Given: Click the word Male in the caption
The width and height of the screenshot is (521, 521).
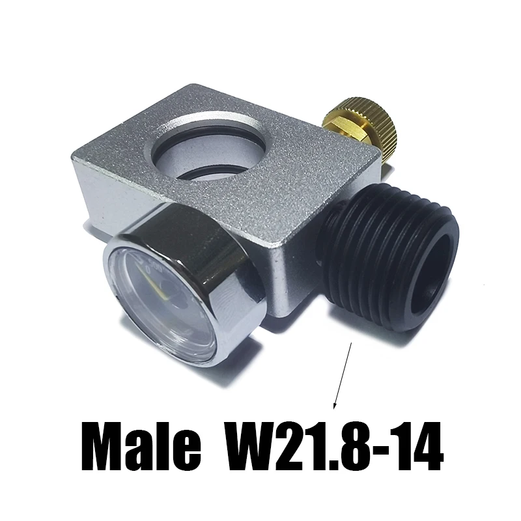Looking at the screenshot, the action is [141, 446].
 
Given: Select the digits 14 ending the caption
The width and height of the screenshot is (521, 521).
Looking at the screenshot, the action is [420, 446].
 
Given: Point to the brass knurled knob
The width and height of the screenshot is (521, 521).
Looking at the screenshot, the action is [369, 123].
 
